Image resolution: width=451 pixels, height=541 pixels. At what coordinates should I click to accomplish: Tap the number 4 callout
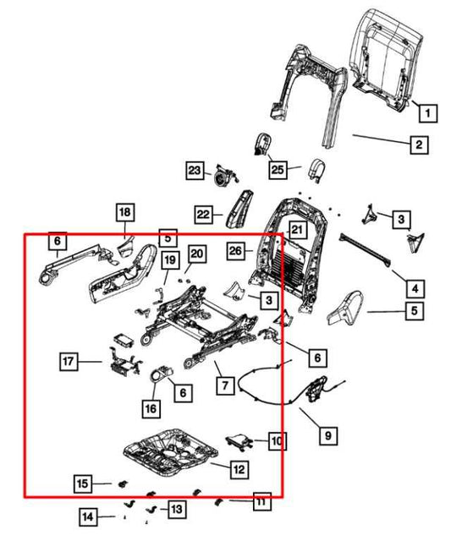tap(415, 285)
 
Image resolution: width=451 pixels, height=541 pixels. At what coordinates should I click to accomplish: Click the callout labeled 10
tap(277, 440)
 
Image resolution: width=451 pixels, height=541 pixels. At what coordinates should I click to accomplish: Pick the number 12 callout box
tap(239, 467)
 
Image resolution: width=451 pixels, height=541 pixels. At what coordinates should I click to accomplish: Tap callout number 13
tap(175, 509)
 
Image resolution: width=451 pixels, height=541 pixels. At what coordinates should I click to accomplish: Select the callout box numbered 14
tap(89, 516)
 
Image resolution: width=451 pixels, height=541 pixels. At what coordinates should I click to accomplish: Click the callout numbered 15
tap(81, 484)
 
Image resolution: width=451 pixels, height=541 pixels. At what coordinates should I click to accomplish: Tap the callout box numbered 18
tap(124, 211)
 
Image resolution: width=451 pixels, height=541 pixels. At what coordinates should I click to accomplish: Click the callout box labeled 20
tap(196, 254)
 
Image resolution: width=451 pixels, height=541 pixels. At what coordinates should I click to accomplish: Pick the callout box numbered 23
tap(195, 172)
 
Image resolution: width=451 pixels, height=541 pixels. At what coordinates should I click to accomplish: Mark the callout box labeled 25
tap(279, 170)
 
